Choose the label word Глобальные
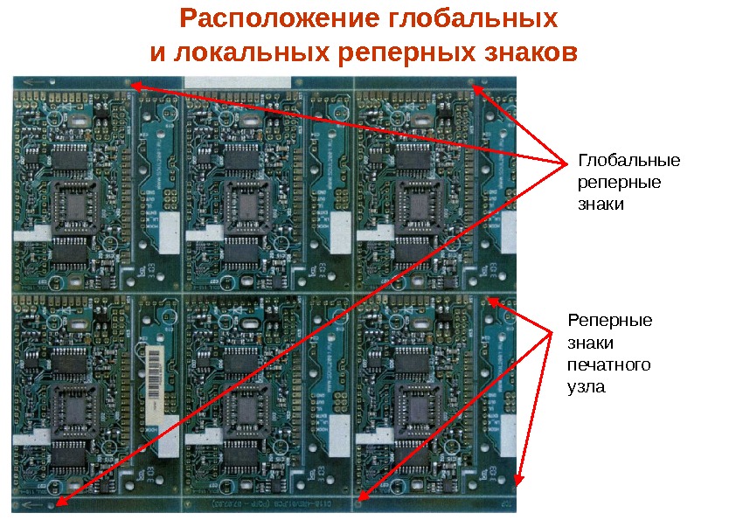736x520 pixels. click(x=628, y=163)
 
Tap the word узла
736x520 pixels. click(x=586, y=385)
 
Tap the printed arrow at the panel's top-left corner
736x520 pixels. click(x=35, y=83)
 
